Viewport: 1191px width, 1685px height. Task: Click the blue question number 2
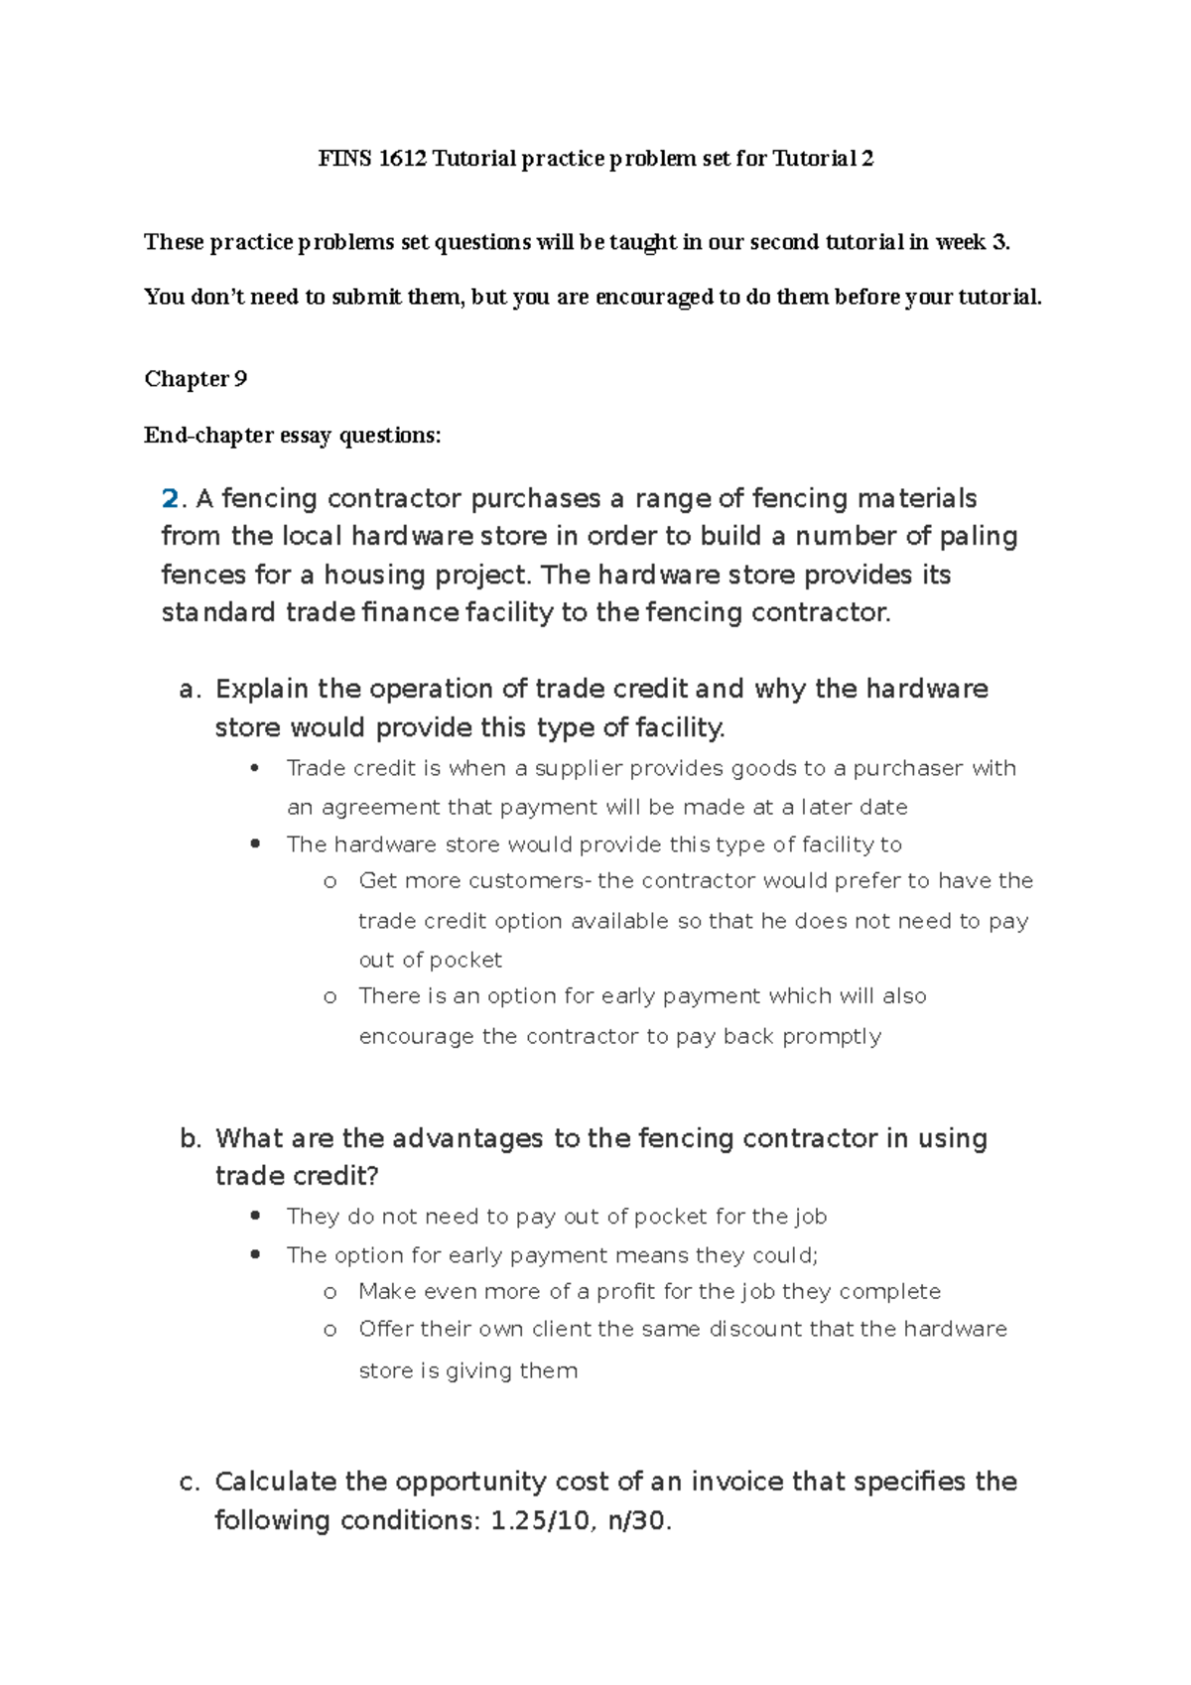point(170,498)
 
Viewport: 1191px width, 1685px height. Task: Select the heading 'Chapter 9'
point(196,379)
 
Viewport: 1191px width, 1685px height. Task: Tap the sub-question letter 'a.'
point(191,690)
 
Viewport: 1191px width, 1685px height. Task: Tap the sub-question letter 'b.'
point(191,1139)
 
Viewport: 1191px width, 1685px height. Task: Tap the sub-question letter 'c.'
point(190,1483)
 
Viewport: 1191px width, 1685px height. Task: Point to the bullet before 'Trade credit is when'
point(255,768)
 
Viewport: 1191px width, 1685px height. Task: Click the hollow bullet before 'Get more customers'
point(331,881)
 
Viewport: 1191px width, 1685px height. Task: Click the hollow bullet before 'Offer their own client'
point(331,1330)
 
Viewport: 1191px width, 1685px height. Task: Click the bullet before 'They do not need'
point(255,1217)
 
